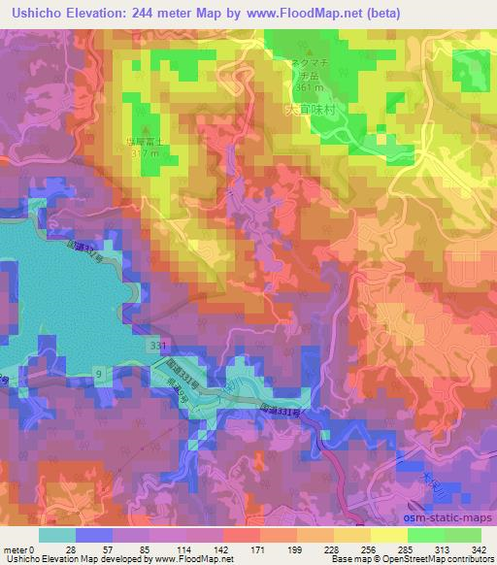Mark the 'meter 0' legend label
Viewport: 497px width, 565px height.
click(20, 548)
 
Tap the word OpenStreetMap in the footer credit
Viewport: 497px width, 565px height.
click(407, 559)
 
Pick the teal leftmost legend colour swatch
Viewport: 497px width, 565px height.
click(57, 535)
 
